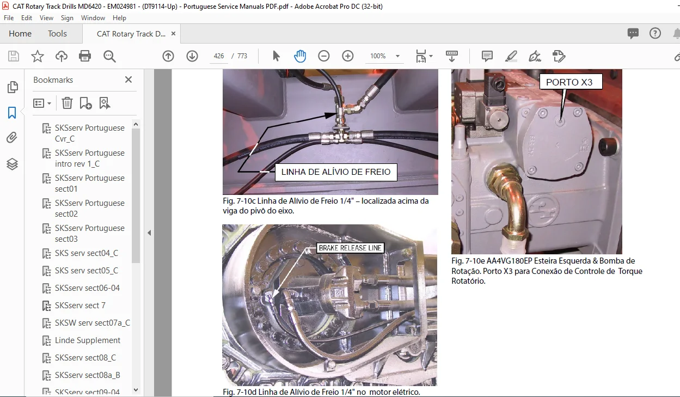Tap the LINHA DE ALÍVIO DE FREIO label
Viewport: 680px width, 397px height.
[336, 172]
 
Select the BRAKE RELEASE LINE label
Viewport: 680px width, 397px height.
[350, 248]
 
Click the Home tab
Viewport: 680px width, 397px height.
[20, 33]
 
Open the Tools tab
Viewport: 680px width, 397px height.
[57, 33]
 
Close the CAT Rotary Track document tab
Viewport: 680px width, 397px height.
[173, 33]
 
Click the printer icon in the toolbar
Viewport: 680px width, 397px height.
[85, 56]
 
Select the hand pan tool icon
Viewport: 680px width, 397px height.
[300, 56]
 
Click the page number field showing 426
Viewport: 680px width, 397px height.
[218, 56]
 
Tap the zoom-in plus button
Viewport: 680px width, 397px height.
[347, 56]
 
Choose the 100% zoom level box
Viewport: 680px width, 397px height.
[384, 56]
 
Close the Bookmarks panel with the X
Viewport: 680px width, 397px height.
[128, 80]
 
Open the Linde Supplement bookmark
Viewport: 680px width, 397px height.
[88, 340]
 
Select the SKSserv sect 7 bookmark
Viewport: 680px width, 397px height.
[80, 306]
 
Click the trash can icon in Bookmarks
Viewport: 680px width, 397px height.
[67, 103]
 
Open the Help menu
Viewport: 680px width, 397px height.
[119, 18]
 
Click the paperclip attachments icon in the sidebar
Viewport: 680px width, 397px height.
[12, 138]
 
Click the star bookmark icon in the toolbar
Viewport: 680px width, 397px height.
[38, 56]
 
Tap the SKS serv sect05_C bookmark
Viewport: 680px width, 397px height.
[86, 271]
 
